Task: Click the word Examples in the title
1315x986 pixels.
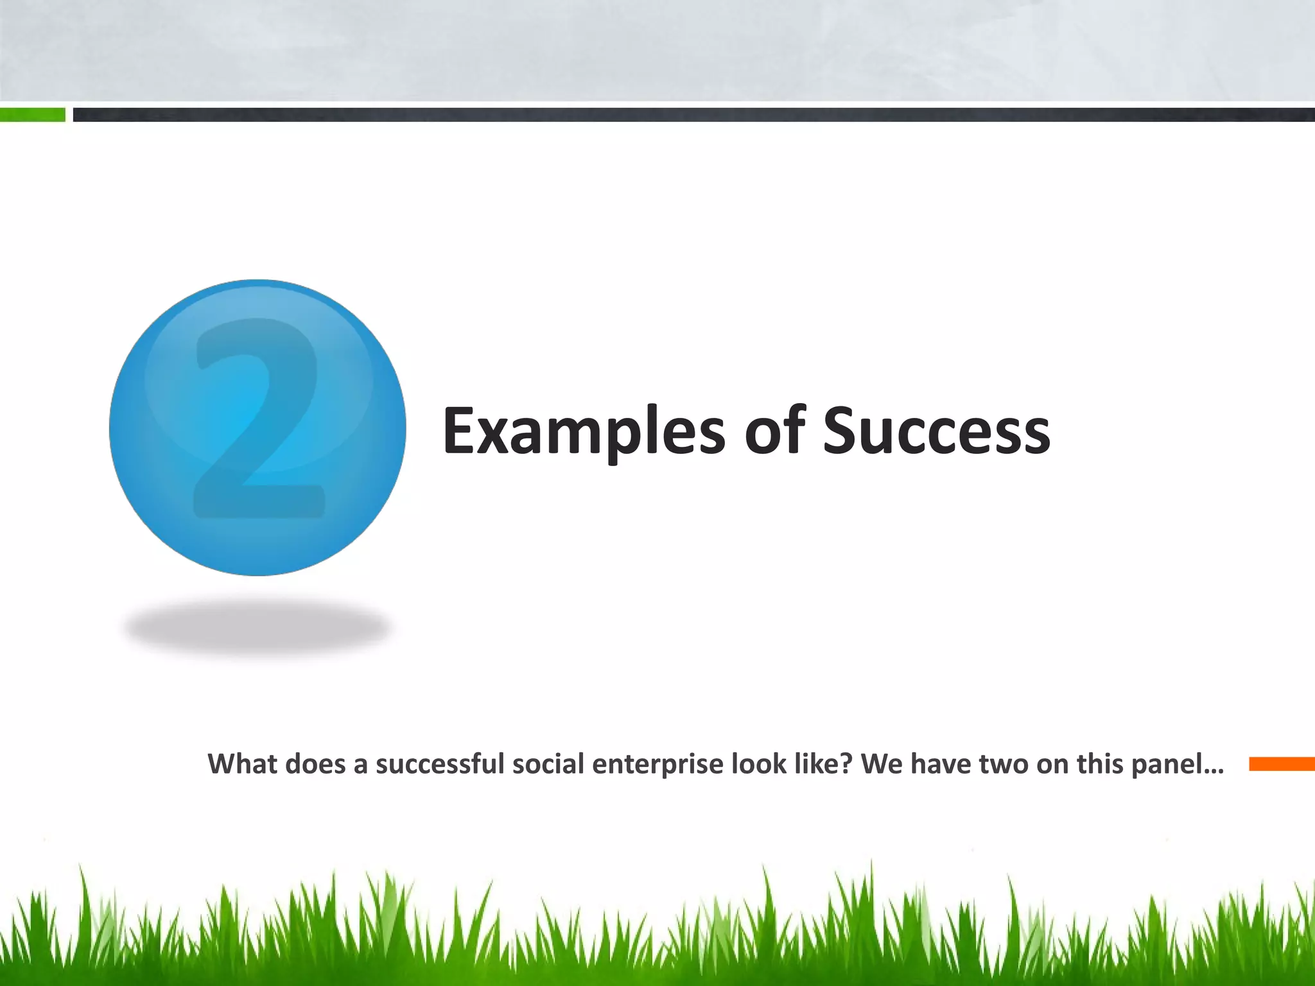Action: pos(583,431)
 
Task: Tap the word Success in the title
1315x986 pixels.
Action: pos(936,431)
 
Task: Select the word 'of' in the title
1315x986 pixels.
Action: pos(774,431)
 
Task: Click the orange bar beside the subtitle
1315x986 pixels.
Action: pos(1282,764)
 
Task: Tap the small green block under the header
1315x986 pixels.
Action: pos(32,115)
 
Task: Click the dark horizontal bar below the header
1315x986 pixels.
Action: pos(693,115)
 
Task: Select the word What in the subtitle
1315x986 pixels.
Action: pos(242,765)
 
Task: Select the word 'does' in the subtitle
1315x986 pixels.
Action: pos(315,765)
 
